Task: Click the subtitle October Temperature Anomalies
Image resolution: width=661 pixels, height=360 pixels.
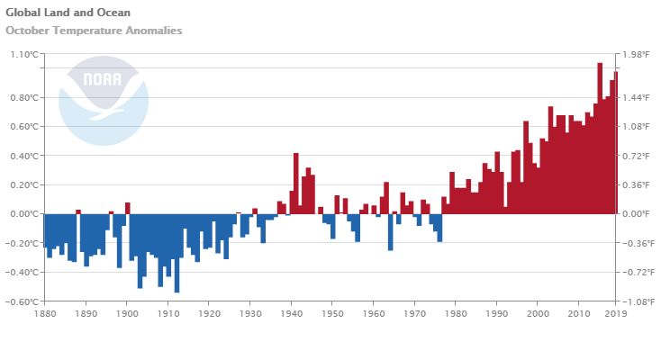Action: point(94,31)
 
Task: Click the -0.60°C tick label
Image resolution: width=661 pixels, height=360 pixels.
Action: point(23,301)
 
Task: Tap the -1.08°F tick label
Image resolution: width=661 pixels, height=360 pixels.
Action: point(634,301)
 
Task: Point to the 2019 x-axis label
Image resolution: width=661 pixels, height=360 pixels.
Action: point(616,314)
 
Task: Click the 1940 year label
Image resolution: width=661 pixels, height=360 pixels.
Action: point(291,314)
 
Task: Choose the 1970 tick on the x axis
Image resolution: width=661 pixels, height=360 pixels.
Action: point(414,314)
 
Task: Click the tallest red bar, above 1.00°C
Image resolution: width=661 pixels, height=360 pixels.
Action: point(600,139)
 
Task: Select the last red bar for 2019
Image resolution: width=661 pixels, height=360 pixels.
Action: point(616,143)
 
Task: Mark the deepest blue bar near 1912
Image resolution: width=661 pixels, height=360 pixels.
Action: point(177,253)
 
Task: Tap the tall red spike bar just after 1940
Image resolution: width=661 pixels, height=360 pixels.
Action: point(295,184)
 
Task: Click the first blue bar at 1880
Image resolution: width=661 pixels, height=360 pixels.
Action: point(45,230)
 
